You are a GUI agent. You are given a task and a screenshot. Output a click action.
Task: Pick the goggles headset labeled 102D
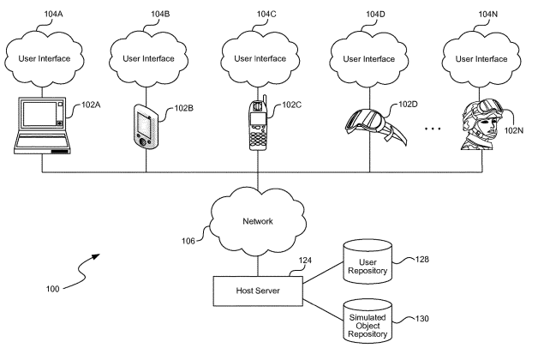369,127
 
